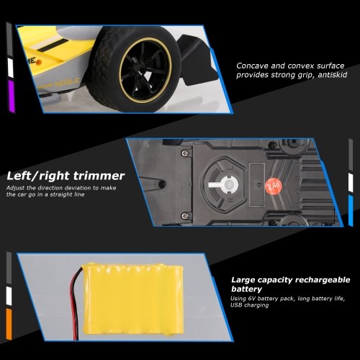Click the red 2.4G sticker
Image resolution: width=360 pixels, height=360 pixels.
[274, 186]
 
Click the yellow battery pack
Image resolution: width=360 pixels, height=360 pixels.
[132, 299]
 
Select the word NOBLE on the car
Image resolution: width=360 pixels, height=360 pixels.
[67, 81]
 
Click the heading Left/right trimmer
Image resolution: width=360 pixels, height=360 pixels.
[66, 176]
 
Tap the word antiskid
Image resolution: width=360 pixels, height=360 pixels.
[333, 75]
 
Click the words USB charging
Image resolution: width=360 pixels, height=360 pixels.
[249, 305]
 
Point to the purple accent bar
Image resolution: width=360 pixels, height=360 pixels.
[12, 96]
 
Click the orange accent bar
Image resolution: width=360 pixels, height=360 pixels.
[9, 324]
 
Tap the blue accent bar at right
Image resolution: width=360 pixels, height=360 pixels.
[351, 210]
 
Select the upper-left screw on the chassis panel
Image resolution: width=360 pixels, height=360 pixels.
[185, 153]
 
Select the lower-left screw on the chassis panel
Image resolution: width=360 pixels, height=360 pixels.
[184, 215]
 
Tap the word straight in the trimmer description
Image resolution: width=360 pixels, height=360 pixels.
[61, 194]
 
